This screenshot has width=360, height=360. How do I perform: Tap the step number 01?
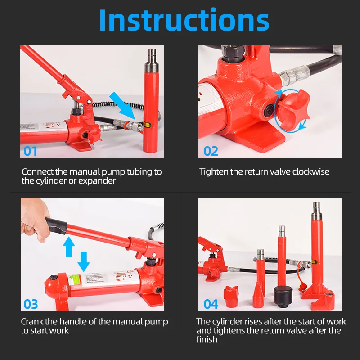[31, 150]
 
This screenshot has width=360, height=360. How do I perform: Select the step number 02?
[211, 151]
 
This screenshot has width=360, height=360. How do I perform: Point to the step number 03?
[31, 304]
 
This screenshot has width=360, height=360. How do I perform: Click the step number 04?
[211, 304]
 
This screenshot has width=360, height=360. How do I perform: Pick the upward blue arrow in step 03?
[68, 247]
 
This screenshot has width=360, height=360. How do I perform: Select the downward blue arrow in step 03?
[84, 261]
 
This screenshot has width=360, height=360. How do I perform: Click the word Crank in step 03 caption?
[32, 322]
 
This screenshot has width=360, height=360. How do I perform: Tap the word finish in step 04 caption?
[207, 339]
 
